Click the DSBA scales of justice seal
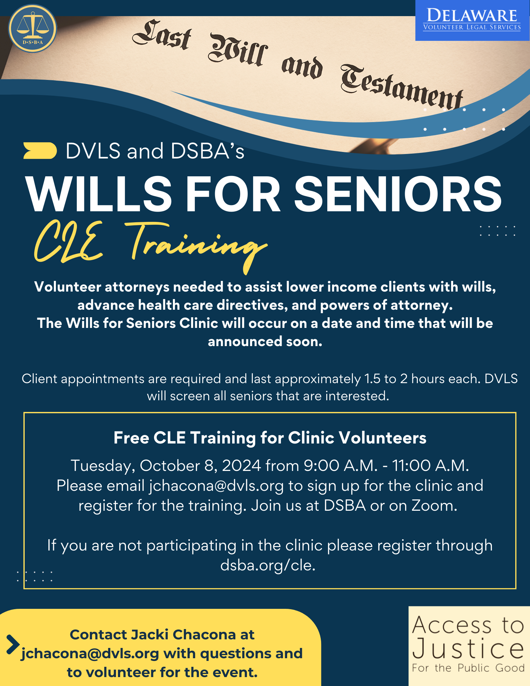pos(33,28)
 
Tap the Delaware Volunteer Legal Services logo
pos(472,21)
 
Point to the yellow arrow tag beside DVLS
pos(40,151)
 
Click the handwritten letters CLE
pos(69,242)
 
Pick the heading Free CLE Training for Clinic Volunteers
pos(270,438)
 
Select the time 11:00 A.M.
pos(430,465)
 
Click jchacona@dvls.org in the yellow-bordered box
pos(216,486)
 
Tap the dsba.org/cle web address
pos(268,565)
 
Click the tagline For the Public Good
pos(468,668)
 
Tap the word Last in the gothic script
pos(162,35)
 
